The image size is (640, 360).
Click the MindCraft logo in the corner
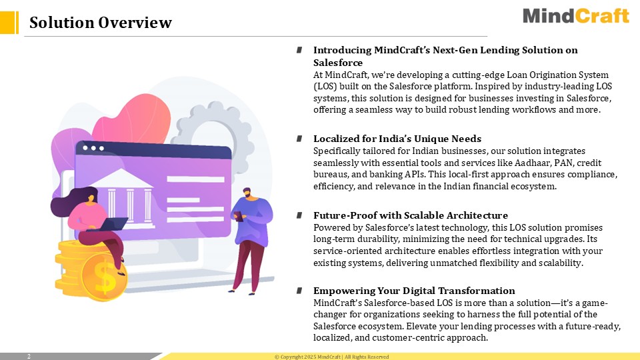(x=576, y=16)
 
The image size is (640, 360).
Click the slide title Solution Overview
(x=101, y=23)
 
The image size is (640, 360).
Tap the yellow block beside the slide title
(x=9, y=23)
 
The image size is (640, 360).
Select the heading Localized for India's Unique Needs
(x=397, y=139)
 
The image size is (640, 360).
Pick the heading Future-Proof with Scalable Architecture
(x=411, y=215)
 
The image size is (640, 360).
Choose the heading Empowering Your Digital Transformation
(x=414, y=291)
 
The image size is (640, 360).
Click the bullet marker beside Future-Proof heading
(x=299, y=215)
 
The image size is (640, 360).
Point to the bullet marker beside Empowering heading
(x=299, y=291)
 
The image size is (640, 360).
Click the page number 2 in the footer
(x=29, y=356)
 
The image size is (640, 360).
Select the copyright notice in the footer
(x=331, y=357)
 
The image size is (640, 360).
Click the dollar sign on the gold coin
(x=105, y=277)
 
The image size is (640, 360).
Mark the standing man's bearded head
(x=247, y=193)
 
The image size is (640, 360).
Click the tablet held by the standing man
(x=239, y=216)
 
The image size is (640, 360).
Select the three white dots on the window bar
(x=93, y=148)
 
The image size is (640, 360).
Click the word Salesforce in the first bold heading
(x=338, y=63)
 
